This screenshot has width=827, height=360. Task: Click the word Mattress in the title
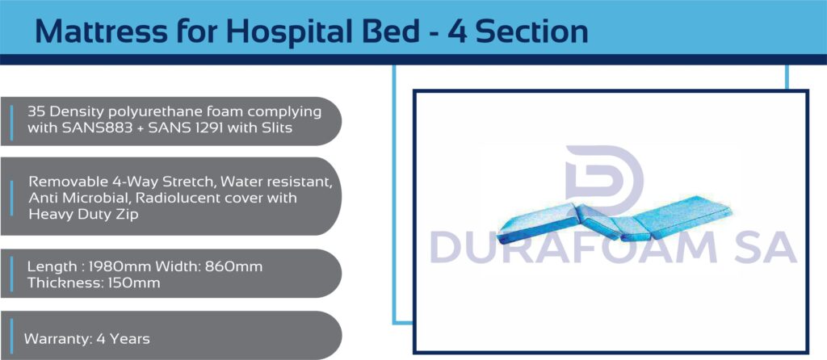[100, 31]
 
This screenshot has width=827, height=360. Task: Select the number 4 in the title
[457, 31]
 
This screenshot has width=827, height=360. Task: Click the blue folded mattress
[614, 220]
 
